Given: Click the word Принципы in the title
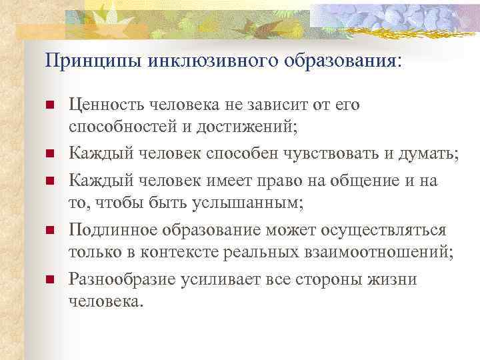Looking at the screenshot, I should tap(83, 61).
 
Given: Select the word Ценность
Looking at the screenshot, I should tap(107, 105).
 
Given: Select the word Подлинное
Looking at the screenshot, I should tap(112, 230).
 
